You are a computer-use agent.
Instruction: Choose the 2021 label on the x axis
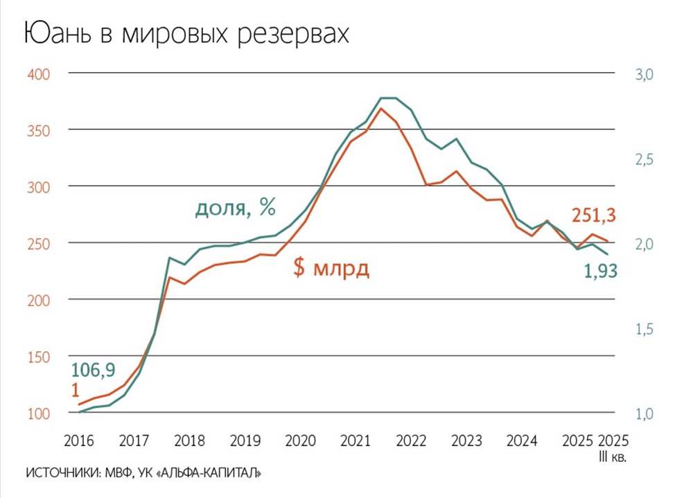355,441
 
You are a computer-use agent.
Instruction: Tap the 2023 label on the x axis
466,441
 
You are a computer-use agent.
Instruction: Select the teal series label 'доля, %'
235,208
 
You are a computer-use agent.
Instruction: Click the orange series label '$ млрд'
331,269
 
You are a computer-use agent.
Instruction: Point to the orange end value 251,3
593,216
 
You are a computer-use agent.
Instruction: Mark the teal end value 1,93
600,272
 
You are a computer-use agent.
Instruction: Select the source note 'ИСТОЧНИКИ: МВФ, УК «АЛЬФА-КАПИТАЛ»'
143,474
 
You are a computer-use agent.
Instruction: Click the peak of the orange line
381,108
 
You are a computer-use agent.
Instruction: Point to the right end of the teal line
608,254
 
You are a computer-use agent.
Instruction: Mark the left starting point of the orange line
78,404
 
